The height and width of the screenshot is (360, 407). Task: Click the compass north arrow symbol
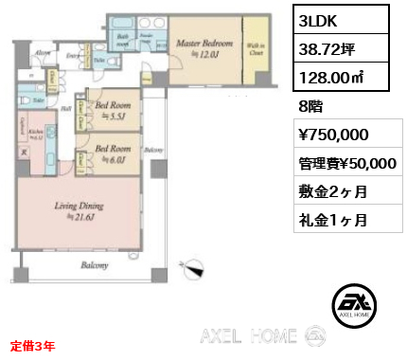point(197,269)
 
